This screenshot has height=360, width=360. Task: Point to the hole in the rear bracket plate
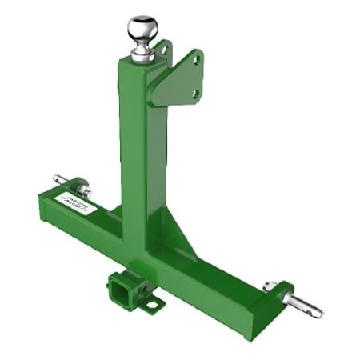click(x=166, y=51)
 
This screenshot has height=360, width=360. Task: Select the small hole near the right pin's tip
click(x=314, y=308)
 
